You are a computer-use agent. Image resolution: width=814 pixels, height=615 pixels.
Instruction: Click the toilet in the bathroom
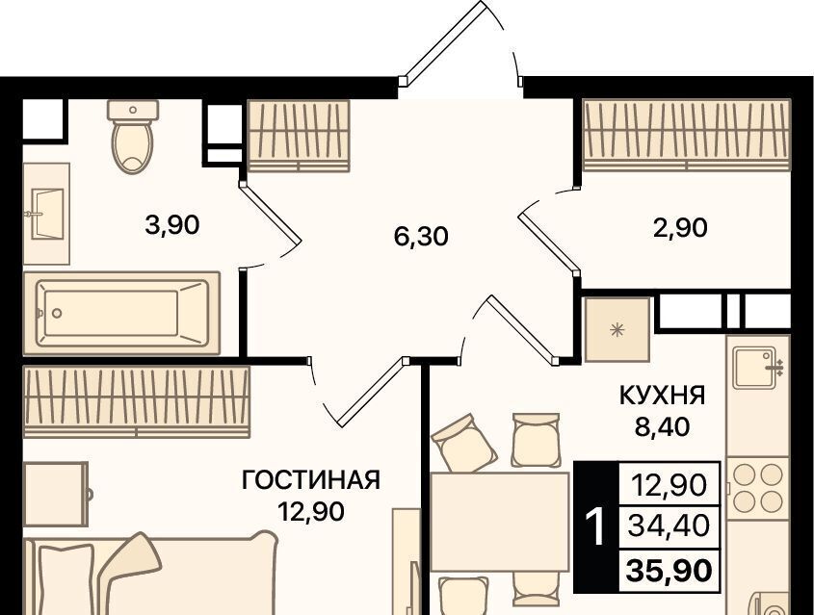[x=132, y=136]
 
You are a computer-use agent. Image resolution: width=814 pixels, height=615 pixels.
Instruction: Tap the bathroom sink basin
[x=48, y=213]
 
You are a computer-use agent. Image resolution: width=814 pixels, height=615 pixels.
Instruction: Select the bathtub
[x=122, y=313]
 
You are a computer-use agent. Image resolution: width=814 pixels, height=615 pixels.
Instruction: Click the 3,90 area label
[x=172, y=226]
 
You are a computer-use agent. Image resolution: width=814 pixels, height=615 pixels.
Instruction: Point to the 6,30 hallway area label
[x=421, y=237]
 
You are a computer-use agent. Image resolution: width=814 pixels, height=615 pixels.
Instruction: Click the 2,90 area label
[x=680, y=228]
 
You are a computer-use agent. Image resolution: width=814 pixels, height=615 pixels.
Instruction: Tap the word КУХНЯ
[x=663, y=397]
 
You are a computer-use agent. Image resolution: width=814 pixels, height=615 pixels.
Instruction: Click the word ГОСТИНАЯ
[x=311, y=480]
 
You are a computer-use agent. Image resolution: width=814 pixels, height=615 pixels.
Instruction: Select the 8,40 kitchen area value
[x=662, y=426]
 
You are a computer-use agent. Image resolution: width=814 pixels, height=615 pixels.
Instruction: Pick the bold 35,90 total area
[x=670, y=571]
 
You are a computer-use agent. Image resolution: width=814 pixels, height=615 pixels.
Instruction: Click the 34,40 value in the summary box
[x=669, y=526]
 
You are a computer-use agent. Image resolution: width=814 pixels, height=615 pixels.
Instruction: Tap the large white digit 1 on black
[x=595, y=526]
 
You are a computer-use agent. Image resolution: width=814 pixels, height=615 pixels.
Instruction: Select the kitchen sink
[x=758, y=367]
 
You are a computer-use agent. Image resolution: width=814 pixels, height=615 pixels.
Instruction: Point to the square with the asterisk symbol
[x=617, y=330]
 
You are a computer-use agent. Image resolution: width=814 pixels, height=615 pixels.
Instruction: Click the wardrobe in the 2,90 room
[x=687, y=136]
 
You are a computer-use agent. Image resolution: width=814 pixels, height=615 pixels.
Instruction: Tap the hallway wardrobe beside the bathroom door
[x=299, y=136]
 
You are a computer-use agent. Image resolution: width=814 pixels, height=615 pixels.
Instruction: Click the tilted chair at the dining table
[x=464, y=444]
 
